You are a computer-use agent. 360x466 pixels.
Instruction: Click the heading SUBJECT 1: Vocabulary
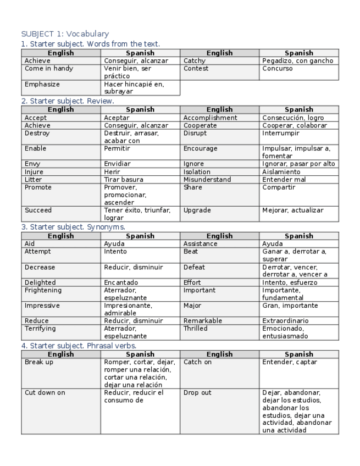point(65,34)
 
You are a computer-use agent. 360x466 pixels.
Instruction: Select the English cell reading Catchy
point(195,61)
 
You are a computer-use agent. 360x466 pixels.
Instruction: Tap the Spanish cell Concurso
point(278,69)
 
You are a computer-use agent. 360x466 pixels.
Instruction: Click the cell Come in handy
point(49,69)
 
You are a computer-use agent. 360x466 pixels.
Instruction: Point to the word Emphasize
point(42,85)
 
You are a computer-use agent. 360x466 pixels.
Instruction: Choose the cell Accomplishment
point(210,118)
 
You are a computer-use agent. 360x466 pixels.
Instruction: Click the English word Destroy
point(37,133)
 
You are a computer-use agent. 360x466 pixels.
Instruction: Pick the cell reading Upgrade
point(197,210)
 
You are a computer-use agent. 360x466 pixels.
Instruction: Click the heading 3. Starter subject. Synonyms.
point(73,226)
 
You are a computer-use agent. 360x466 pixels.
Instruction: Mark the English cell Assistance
point(200,243)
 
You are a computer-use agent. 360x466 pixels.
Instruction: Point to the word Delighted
point(40,282)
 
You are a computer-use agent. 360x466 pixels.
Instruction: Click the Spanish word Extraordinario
point(285,321)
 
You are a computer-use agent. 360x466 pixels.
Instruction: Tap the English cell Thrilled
point(196,329)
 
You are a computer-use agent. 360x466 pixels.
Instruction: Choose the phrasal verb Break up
point(39,363)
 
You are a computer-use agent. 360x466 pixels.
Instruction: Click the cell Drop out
point(197,393)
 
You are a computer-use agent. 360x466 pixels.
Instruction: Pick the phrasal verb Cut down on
point(45,393)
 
